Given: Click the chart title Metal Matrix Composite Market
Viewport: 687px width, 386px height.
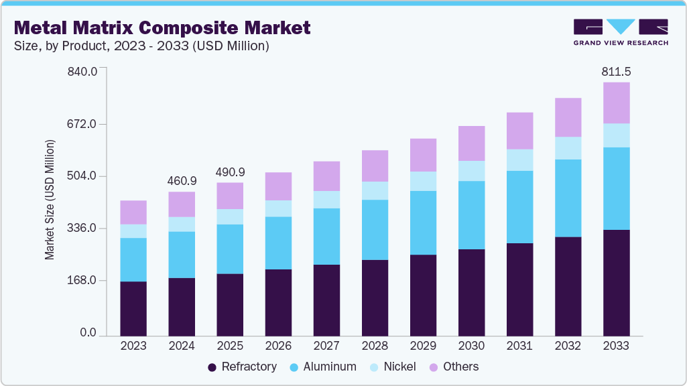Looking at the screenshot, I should (x=162, y=27).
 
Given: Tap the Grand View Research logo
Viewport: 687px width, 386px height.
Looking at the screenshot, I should (x=620, y=31).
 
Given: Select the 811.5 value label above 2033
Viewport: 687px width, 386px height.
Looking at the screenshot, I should (x=616, y=71).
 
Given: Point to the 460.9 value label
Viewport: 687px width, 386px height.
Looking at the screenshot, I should (x=182, y=181).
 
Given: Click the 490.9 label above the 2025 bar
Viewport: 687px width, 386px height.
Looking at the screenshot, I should (x=230, y=172).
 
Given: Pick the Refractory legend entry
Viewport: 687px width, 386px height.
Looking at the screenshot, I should (x=242, y=367).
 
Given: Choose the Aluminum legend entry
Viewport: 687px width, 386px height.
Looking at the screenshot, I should (x=322, y=367).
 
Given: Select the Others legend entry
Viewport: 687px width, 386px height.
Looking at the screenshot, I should (x=454, y=367).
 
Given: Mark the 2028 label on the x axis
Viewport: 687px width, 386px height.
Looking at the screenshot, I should (x=375, y=346).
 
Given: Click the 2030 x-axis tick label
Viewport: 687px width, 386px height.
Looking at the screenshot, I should (x=471, y=346).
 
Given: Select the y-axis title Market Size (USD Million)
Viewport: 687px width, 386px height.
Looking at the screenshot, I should (x=50, y=200).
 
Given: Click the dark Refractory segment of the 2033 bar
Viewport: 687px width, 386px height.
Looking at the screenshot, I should (x=616, y=282).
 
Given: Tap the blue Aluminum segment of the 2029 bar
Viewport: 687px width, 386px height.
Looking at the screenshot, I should (x=423, y=222).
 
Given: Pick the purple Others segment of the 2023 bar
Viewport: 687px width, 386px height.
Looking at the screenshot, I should (x=133, y=212).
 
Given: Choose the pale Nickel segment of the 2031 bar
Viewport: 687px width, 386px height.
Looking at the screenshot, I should (x=519, y=159).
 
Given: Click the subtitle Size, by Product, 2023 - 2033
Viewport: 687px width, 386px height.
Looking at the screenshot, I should (x=141, y=46).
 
